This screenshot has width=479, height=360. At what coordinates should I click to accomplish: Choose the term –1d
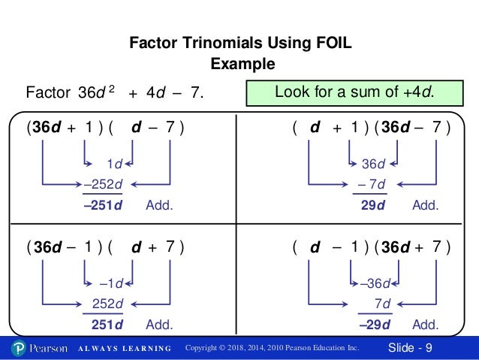click(110, 284)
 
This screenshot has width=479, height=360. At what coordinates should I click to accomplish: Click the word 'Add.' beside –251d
click(158, 204)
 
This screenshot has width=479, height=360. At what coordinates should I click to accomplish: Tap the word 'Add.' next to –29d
click(426, 325)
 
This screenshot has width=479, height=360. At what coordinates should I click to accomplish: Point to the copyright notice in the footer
click(273, 349)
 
